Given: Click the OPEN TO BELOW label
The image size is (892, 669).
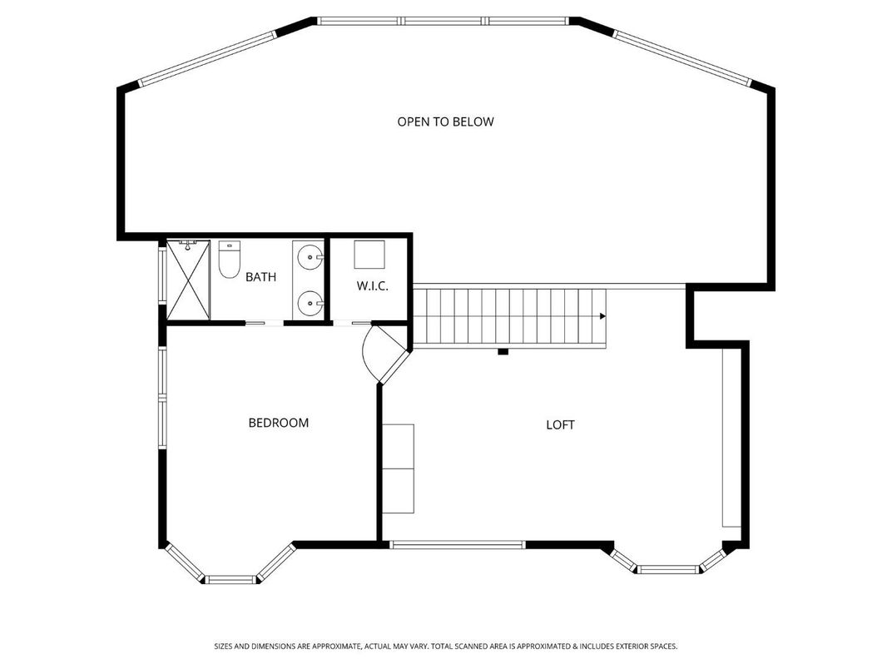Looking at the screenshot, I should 445,121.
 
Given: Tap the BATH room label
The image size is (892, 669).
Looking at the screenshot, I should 260,277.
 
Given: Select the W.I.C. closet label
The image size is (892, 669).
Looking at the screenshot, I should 372,285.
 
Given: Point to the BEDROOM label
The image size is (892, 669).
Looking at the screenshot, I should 278,423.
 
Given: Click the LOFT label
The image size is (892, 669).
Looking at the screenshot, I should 560,424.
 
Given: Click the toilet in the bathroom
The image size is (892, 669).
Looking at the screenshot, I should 228,259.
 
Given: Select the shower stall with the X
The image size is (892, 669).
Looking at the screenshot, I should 188,280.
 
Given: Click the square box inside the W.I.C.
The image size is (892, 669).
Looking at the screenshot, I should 369,253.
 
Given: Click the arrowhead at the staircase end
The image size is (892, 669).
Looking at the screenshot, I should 601,316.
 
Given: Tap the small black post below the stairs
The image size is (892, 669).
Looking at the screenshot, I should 503,352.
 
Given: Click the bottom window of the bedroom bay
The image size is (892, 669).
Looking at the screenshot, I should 230,578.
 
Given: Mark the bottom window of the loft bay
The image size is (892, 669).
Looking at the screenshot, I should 669,569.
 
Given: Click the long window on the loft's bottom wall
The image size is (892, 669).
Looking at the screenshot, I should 458,545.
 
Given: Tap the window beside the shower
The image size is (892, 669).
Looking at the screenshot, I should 162,279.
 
